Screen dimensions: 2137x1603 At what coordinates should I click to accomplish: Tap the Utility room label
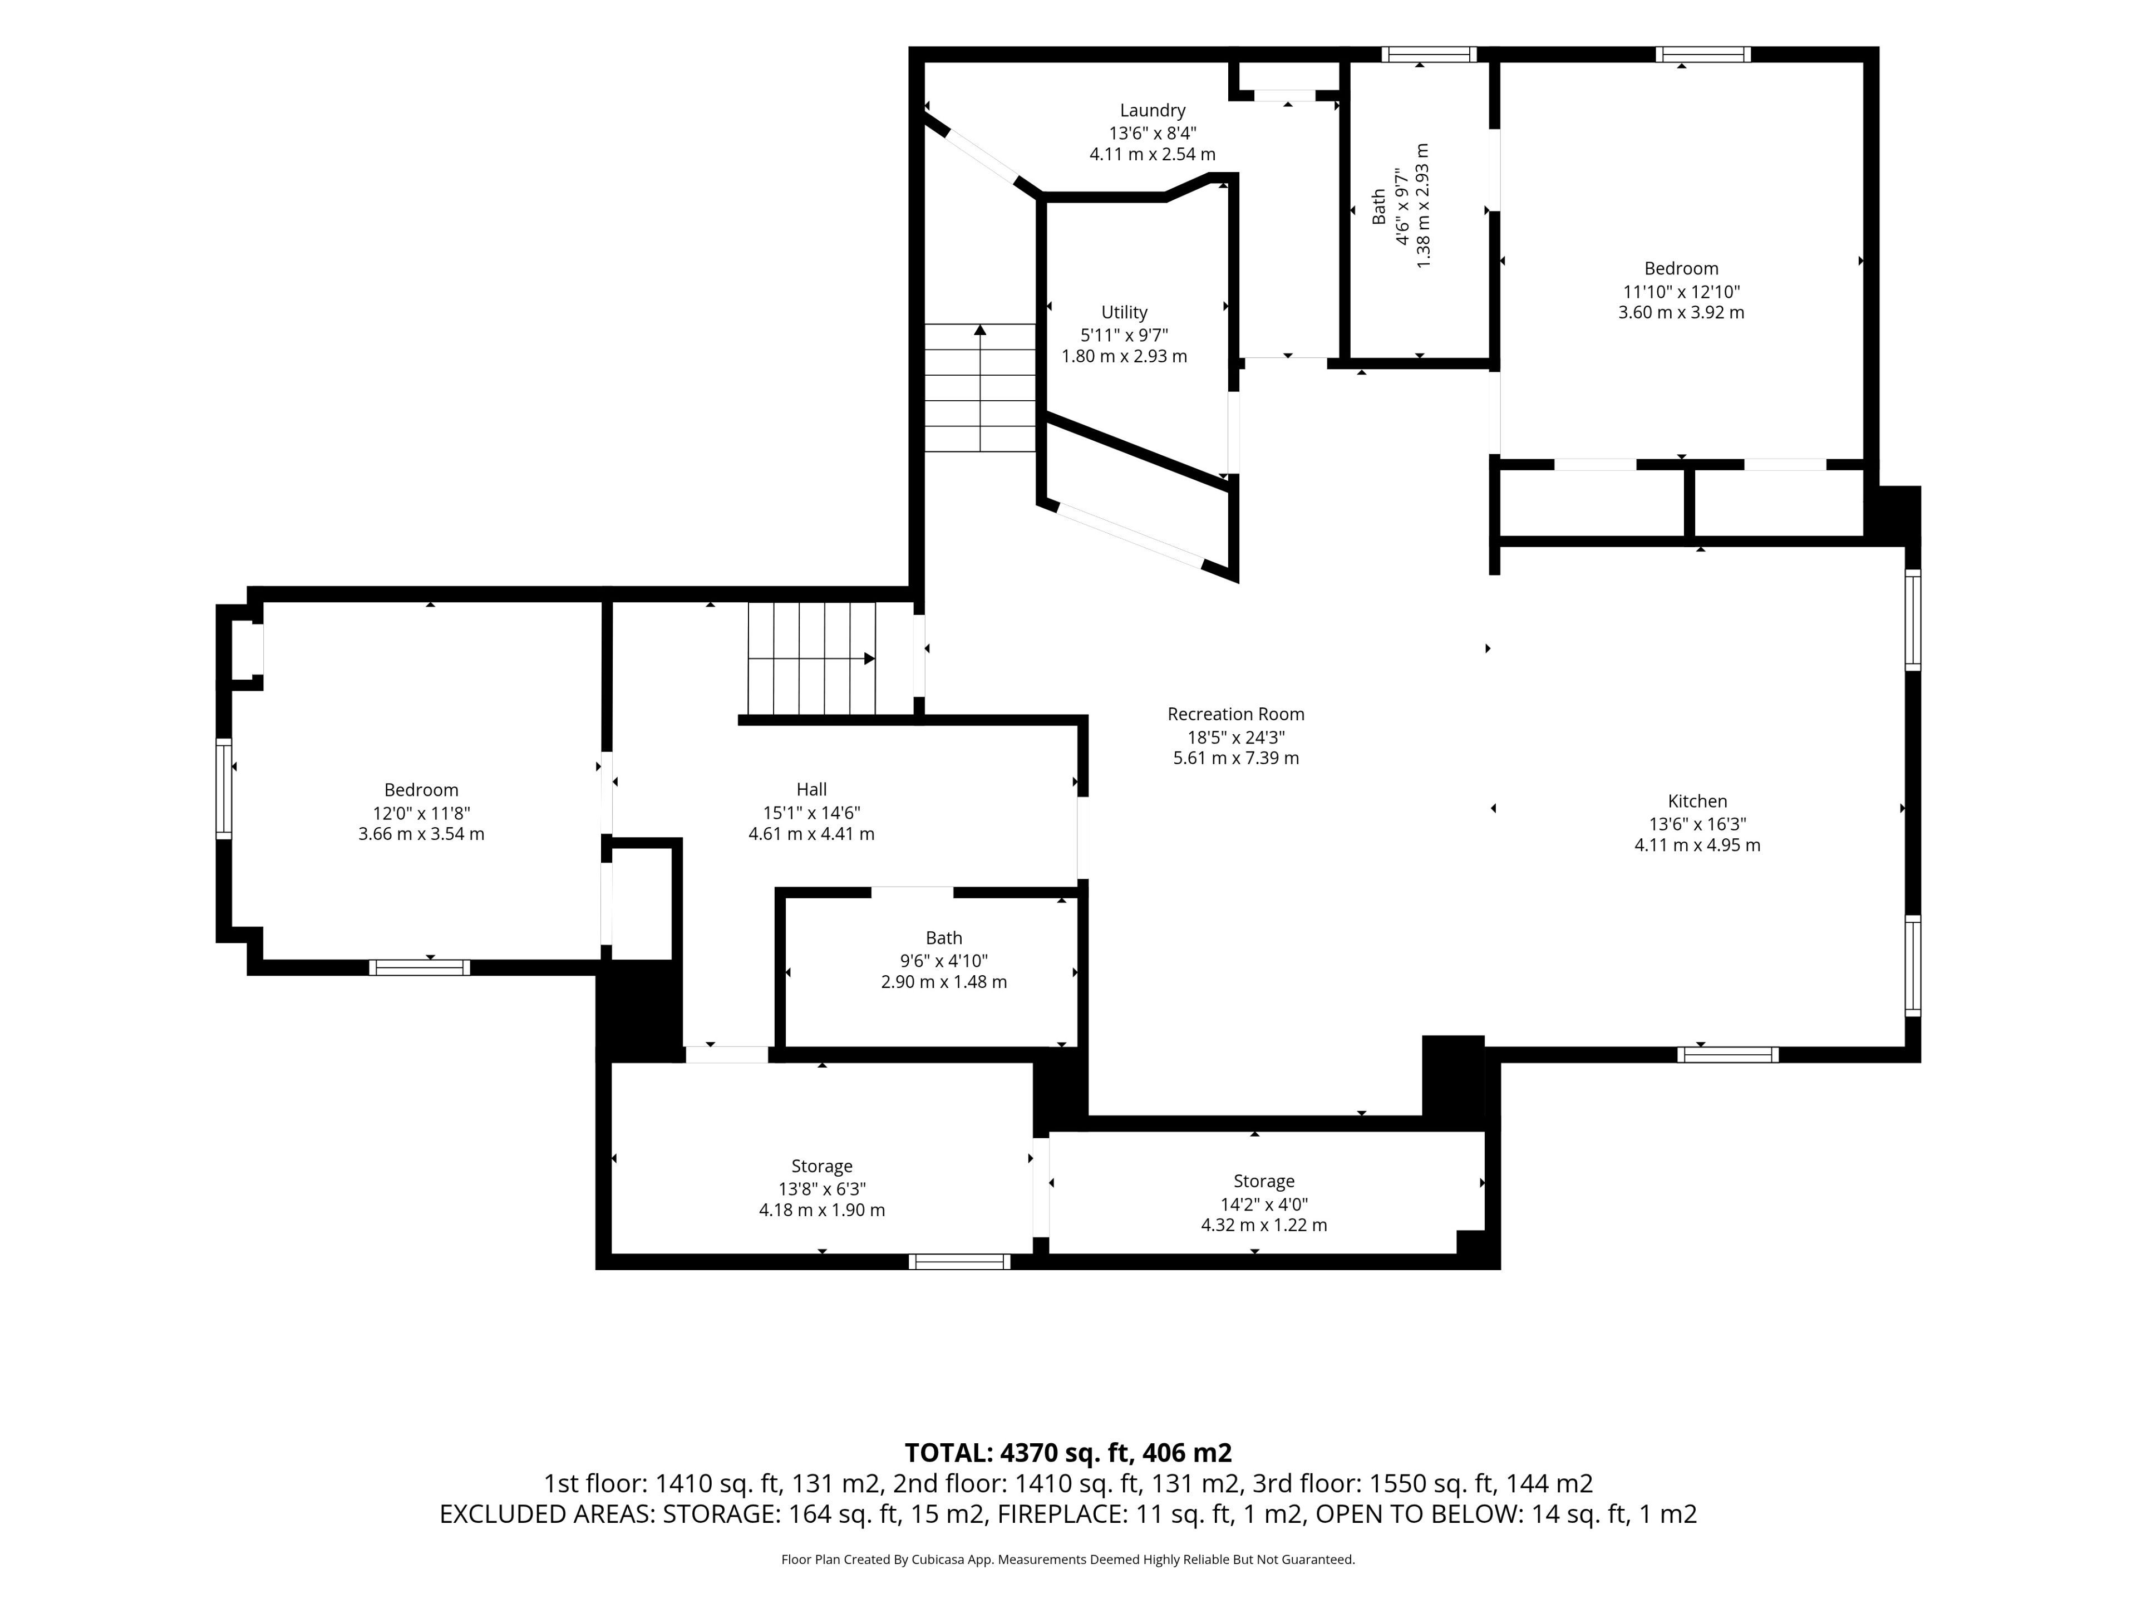pyautogui.click(x=1125, y=312)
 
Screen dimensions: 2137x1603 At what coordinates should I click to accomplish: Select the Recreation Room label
pyautogui.click(x=1235, y=714)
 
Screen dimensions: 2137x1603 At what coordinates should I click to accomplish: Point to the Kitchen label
pyautogui.click(x=1697, y=801)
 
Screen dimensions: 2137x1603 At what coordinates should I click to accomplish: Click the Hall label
pyautogui.click(x=811, y=789)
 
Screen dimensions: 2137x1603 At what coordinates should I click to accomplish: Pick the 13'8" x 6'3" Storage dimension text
pyautogui.click(x=822, y=1189)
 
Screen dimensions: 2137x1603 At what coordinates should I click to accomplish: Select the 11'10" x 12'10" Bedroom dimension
pyautogui.click(x=1682, y=292)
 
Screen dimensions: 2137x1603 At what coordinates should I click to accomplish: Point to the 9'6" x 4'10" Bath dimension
pyautogui.click(x=944, y=961)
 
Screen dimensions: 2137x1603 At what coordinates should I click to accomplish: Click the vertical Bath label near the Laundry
pyautogui.click(x=1378, y=206)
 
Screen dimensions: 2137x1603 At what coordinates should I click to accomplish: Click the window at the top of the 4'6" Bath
pyautogui.click(x=1429, y=54)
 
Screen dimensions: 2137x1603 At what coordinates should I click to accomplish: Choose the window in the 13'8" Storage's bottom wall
pyautogui.click(x=959, y=1262)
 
